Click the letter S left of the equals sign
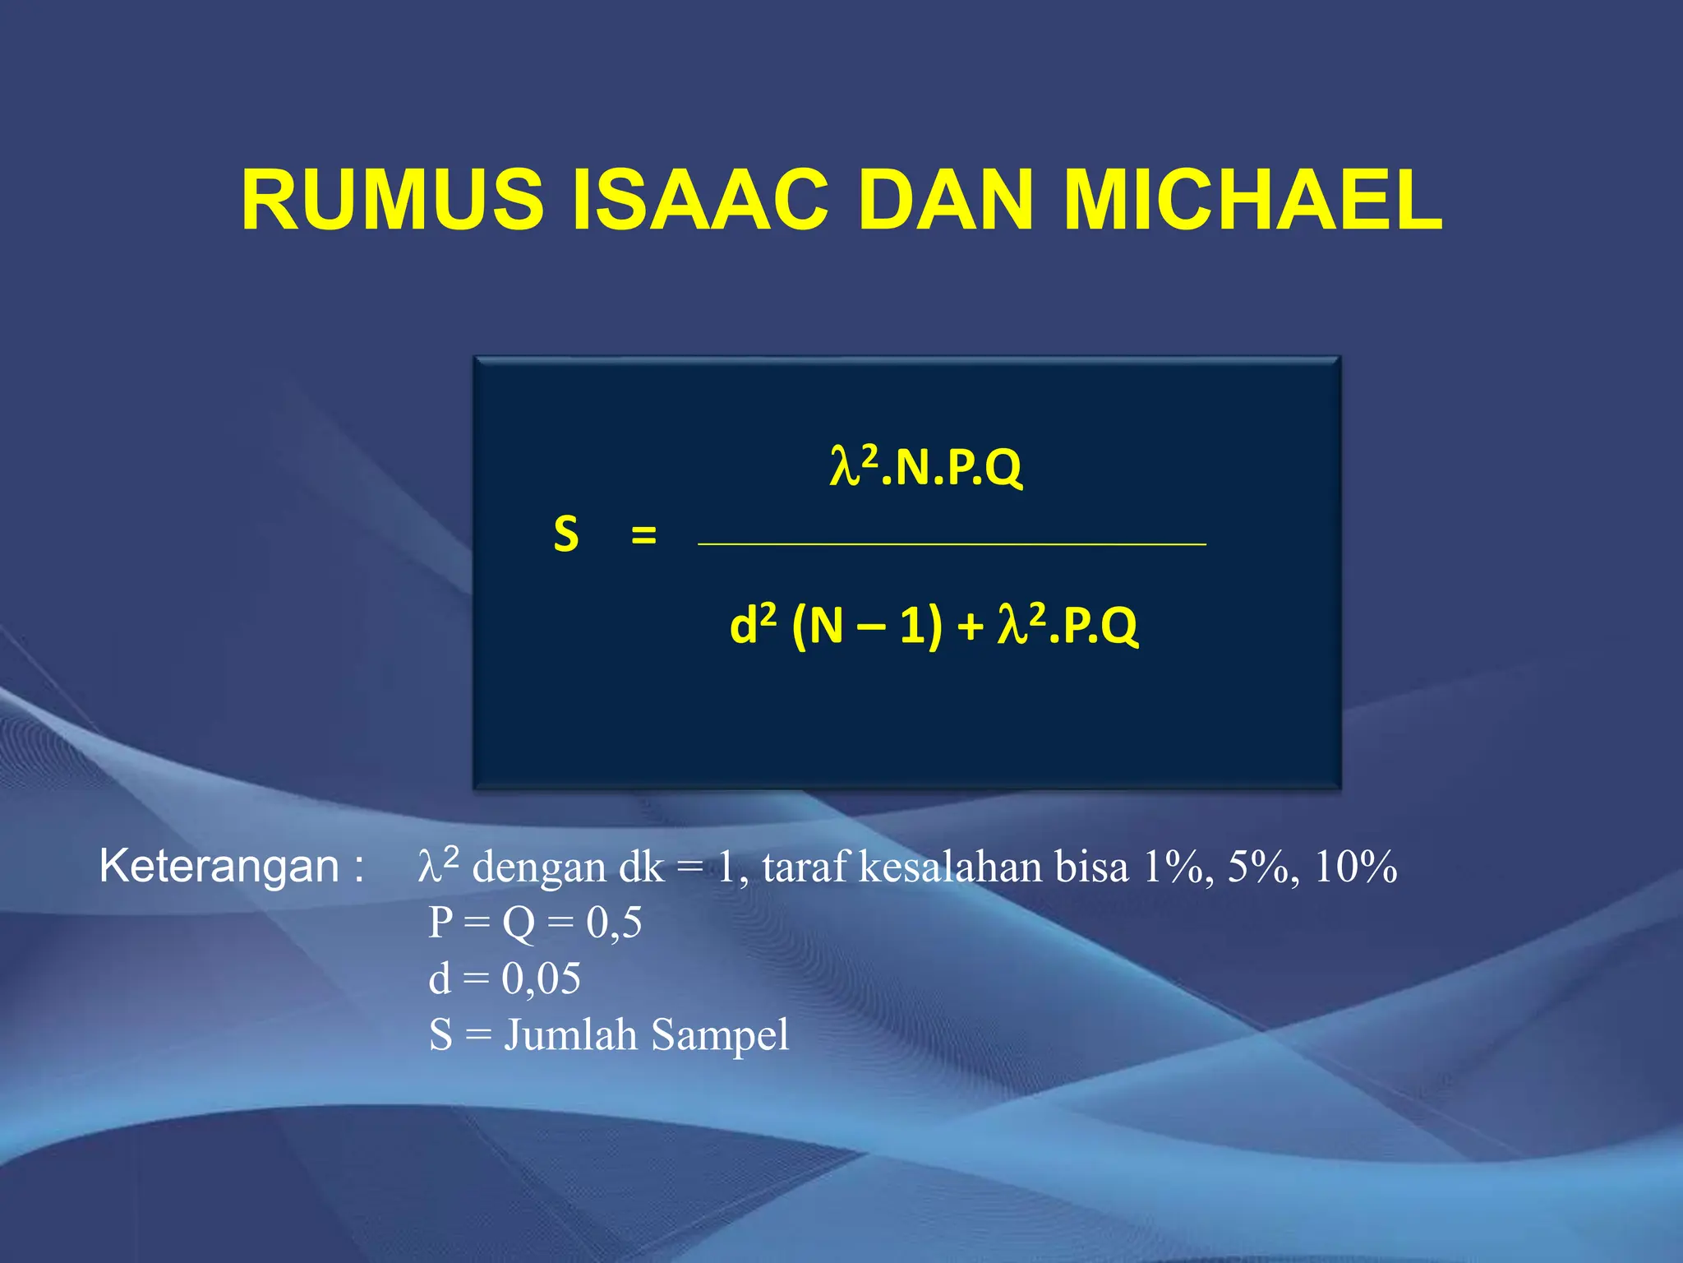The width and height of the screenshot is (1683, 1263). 565,534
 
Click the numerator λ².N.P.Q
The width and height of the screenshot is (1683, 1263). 925,467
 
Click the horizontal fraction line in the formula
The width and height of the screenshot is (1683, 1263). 952,544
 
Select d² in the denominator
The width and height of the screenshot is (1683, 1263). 752,625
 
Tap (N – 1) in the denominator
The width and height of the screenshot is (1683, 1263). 866,627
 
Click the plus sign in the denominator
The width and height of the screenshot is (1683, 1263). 970,627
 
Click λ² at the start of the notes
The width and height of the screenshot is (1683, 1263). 438,865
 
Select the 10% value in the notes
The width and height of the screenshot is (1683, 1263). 1356,867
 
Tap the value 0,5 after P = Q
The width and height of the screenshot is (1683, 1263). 614,923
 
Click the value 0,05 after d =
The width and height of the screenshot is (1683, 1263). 541,979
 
